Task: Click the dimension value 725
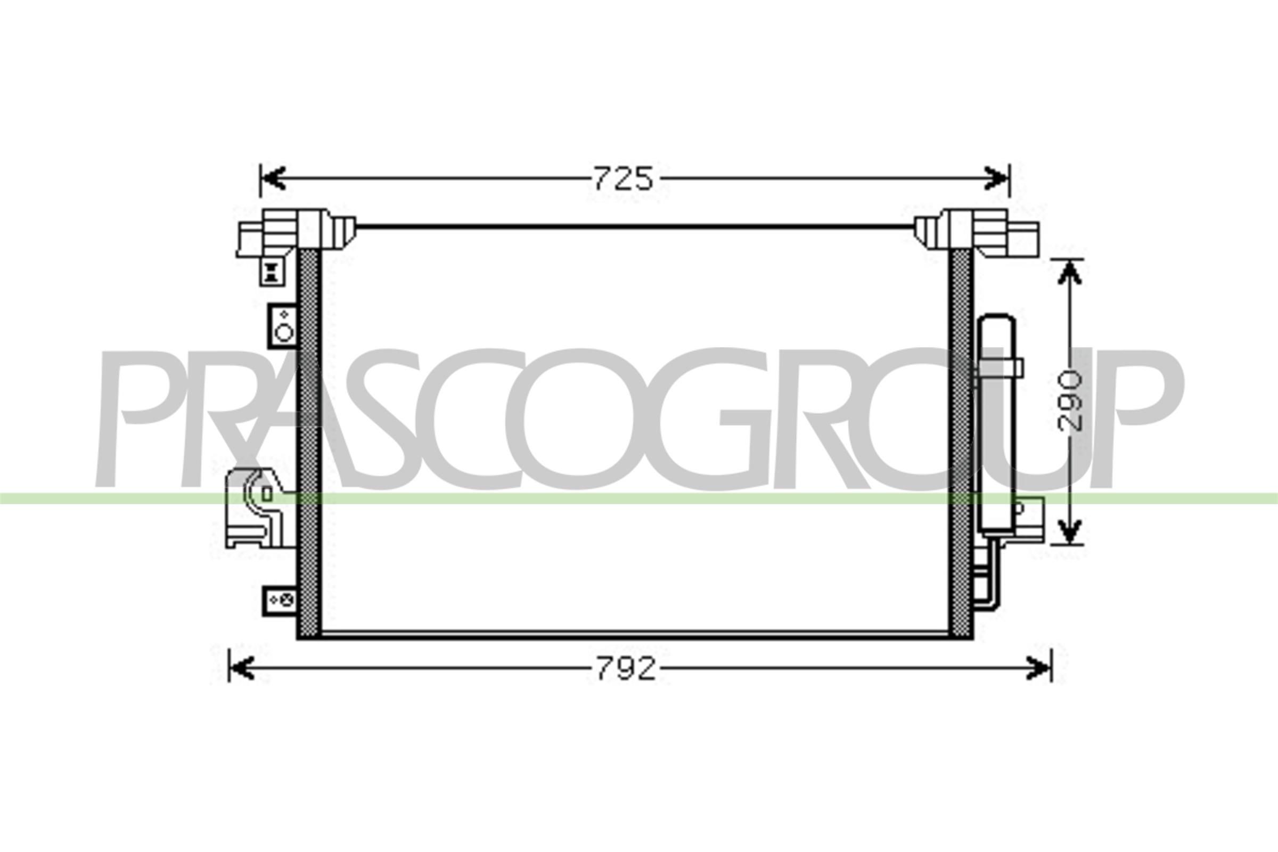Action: [x=622, y=179]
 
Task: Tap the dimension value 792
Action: [x=626, y=669]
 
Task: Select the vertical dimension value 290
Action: [x=1070, y=400]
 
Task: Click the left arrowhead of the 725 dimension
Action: [x=273, y=178]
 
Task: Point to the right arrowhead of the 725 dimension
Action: [x=996, y=178]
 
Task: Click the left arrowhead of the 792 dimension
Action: [x=242, y=668]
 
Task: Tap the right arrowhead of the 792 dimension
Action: [x=1038, y=668]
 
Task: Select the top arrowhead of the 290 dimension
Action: [x=1069, y=272]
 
